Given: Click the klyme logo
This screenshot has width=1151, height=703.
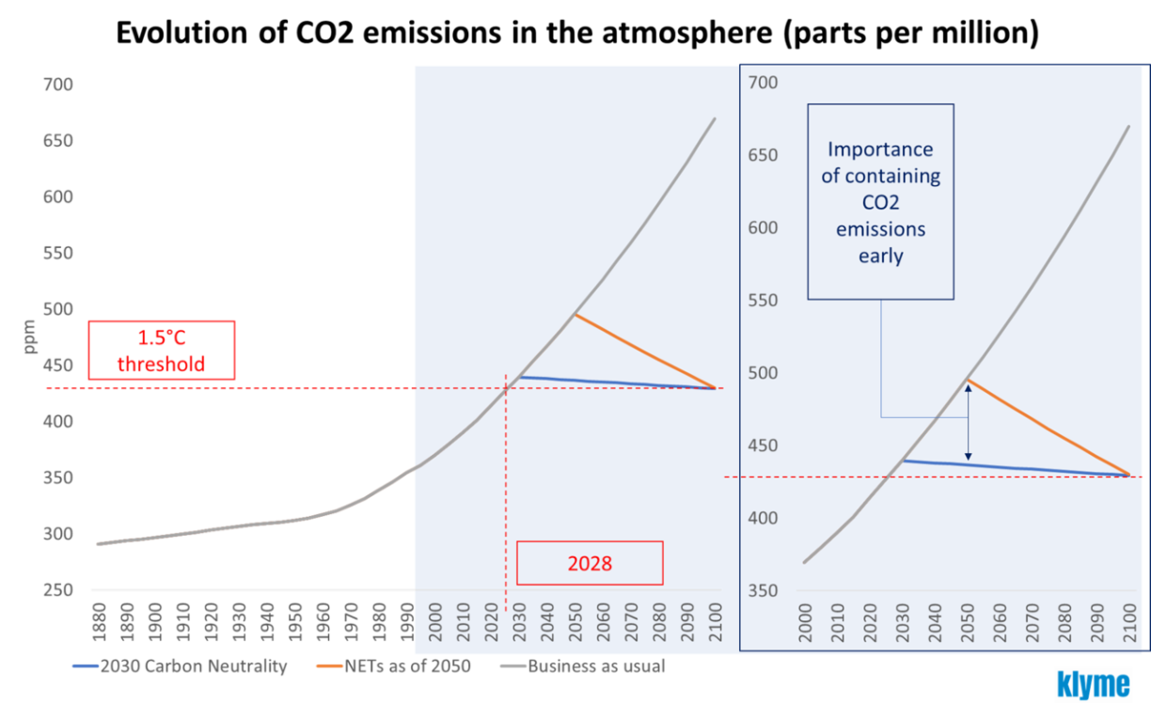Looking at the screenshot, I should pyautogui.click(x=1094, y=683).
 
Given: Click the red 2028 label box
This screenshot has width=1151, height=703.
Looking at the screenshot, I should pyautogui.click(x=590, y=563).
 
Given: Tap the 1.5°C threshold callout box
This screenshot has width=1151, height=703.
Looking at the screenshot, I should pyautogui.click(x=161, y=351).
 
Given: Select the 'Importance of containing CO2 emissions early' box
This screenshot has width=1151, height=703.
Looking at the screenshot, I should pyautogui.click(x=880, y=201).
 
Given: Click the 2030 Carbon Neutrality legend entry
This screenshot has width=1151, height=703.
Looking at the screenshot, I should pyautogui.click(x=180, y=667).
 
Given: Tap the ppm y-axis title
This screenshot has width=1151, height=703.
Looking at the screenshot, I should pyautogui.click(x=30, y=336).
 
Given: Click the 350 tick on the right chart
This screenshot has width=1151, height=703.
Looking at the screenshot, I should pyautogui.click(x=763, y=590).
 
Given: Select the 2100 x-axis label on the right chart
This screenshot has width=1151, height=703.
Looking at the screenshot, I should pyautogui.click(x=1126, y=625).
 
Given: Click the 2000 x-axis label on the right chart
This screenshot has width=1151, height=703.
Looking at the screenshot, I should pyautogui.click(x=805, y=625).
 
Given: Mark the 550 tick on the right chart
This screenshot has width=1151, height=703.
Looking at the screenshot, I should pyautogui.click(x=763, y=301).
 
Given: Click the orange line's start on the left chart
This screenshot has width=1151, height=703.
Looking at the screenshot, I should pyautogui.click(x=575, y=315).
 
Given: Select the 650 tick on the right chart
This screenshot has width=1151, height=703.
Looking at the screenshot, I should pyautogui.click(x=763, y=155).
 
